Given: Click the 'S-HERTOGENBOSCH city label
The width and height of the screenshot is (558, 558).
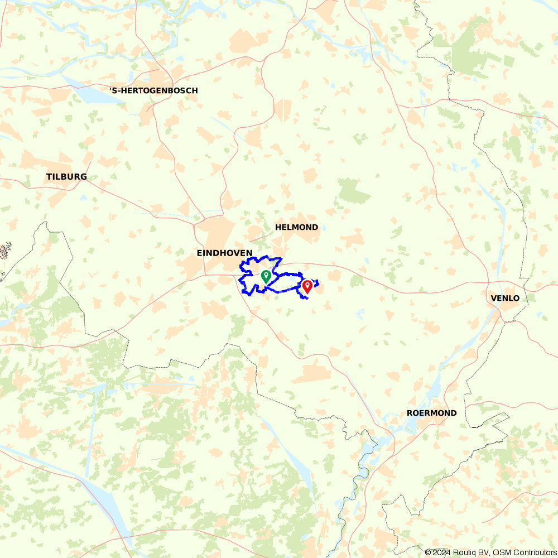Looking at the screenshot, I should tap(153, 90).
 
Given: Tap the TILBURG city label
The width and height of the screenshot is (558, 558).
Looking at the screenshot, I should tap(66, 177).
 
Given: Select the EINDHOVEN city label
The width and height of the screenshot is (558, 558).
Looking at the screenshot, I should tap(224, 253).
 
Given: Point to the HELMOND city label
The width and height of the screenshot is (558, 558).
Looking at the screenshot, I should tap(296, 228).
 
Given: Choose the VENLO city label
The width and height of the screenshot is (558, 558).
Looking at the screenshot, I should tap(505, 298).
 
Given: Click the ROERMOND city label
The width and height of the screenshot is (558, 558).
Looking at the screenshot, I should tap(431, 413).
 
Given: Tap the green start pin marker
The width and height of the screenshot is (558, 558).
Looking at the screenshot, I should tap(266, 276).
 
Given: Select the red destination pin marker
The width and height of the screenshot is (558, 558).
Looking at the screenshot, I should tap(307, 287).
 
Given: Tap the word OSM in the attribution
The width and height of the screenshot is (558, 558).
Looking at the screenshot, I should tap(499, 552).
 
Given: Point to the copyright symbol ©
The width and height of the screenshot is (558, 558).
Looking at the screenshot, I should tap(428, 552).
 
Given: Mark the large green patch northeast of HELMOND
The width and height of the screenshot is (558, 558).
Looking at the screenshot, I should tap(353, 191).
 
